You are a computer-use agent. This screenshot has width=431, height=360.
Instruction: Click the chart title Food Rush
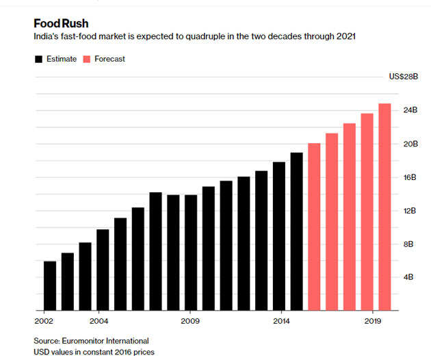pyautogui.click(x=61, y=23)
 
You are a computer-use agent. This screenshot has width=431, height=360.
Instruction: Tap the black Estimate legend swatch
pyautogui.click(x=38, y=59)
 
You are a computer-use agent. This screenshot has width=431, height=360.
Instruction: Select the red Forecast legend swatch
pyautogui.click(x=88, y=59)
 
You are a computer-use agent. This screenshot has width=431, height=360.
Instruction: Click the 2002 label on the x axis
pyautogui.click(x=43, y=320)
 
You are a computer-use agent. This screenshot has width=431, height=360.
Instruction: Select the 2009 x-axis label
pyautogui.click(x=190, y=320)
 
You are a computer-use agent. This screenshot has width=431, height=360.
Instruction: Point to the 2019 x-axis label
pyautogui.click(x=373, y=320)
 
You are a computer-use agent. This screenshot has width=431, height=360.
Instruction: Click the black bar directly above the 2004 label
pyautogui.click(x=103, y=270)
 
